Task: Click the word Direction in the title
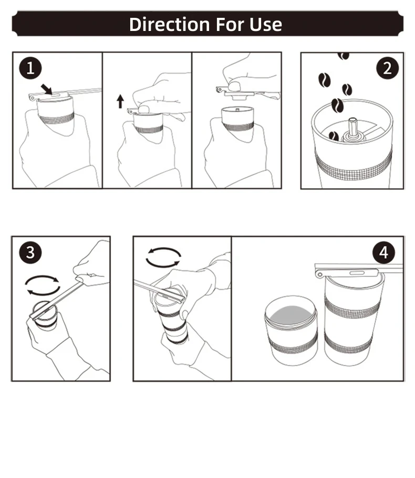tap(169, 24)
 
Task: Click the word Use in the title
tap(265, 24)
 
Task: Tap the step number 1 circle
tap(30, 68)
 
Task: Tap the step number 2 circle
tap(387, 68)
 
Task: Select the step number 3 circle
tap(30, 252)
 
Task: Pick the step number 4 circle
tap(383, 252)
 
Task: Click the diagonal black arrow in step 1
tap(47, 89)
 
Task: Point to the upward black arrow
tap(120, 101)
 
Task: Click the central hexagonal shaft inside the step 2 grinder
tap(352, 128)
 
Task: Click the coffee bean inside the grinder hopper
tap(334, 136)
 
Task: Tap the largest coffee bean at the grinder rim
tap(337, 105)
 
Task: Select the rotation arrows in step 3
tap(43, 285)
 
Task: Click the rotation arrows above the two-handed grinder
tap(163, 258)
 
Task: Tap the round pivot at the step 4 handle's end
tap(319, 274)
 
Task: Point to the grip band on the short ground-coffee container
tap(293, 344)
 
